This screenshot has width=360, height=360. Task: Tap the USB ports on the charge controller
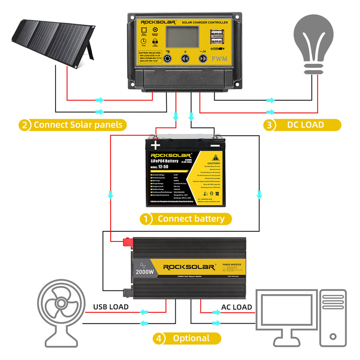215,37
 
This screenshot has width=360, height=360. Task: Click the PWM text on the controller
218,58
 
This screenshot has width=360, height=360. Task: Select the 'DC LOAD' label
305,125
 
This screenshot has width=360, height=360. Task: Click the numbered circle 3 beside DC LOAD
269,125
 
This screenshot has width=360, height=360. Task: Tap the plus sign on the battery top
155,146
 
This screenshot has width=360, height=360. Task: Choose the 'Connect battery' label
191,219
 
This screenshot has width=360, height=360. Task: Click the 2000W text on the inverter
145,271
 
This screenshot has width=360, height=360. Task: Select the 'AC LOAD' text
236,307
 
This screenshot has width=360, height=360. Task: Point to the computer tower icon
332,318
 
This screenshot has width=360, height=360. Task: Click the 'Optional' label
191,338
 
